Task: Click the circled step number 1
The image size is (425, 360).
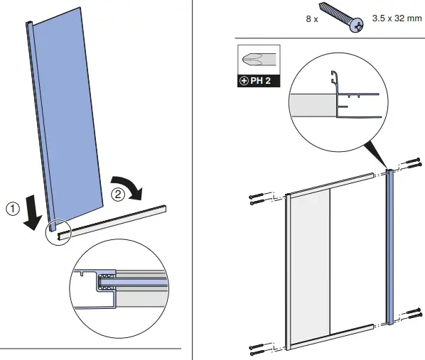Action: [x=12, y=209]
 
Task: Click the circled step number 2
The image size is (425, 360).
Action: [x=119, y=192]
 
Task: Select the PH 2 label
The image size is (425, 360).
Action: [x=258, y=81]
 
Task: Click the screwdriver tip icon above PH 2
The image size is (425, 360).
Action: [x=258, y=60]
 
